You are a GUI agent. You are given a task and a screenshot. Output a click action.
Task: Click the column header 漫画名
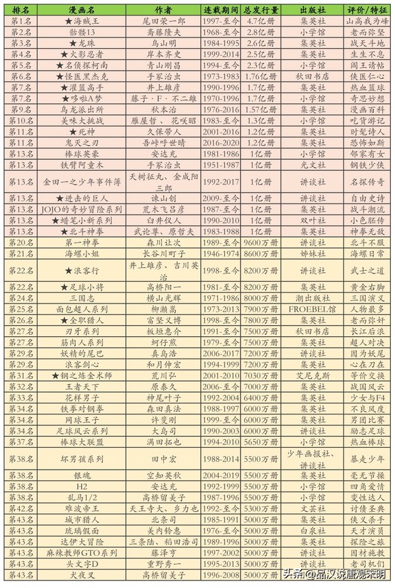point(81,12)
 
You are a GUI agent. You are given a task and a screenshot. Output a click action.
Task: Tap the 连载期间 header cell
point(219,12)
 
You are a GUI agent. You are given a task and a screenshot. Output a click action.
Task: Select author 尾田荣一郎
point(163,22)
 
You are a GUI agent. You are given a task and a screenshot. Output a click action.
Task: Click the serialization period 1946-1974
point(219,253)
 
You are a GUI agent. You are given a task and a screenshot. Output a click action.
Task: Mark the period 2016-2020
point(219,143)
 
